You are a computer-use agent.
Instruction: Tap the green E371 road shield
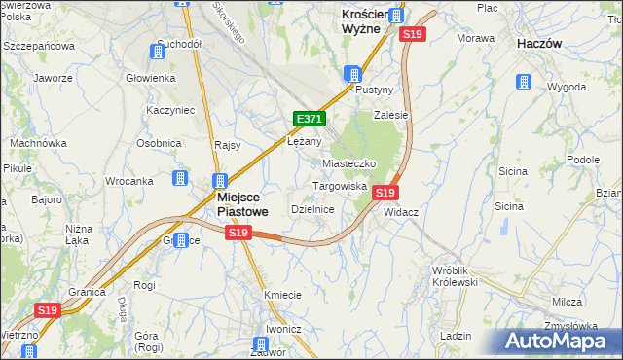309,119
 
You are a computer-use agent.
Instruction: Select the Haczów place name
542,45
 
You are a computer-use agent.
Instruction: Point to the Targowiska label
339,185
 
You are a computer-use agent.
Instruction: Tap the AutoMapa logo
560,341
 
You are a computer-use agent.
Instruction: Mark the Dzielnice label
313,209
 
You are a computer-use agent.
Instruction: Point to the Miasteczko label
348,164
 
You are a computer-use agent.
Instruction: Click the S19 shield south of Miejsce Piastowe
238,233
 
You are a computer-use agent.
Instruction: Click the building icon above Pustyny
353,74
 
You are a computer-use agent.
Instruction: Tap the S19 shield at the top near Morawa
413,34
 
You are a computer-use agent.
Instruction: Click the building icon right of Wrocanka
180,178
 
